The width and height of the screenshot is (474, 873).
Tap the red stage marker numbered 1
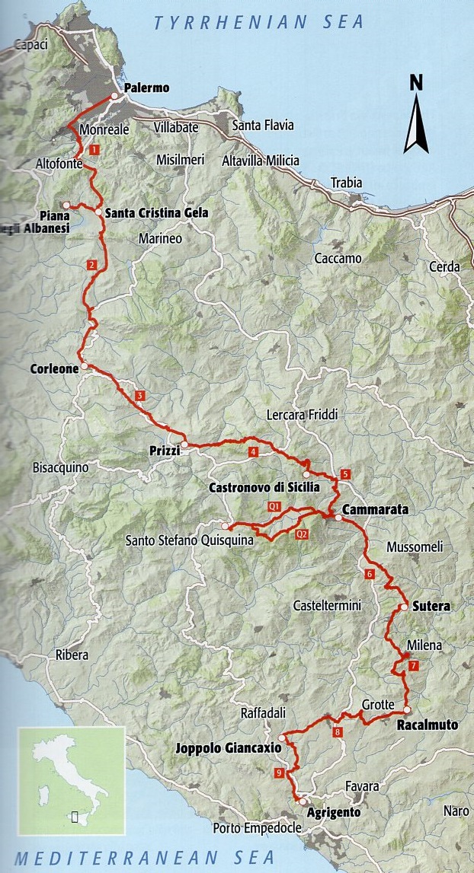[94, 151]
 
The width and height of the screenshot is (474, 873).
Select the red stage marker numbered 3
[139, 396]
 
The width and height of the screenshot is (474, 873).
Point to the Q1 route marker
[274, 506]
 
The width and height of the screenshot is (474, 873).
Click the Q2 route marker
[302, 534]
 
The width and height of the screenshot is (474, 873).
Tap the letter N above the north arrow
[416, 83]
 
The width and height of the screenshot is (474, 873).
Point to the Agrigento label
[333, 812]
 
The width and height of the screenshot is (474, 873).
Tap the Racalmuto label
[428, 725]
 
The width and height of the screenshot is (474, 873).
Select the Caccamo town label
[338, 259]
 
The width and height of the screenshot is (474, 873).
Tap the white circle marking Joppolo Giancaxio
[282, 738]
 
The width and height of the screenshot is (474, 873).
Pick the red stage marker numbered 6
[370, 574]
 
